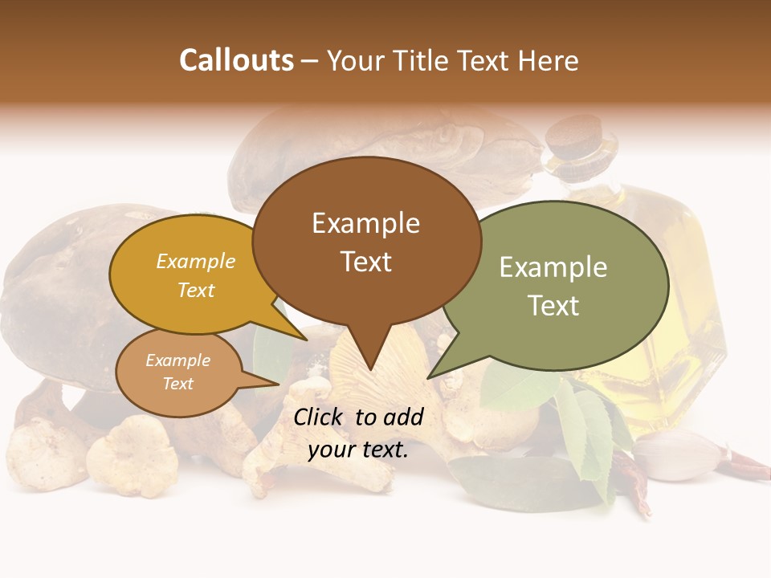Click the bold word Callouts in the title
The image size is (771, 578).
[237, 60]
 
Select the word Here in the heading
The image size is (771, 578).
[549, 60]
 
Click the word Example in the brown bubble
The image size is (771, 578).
[365, 223]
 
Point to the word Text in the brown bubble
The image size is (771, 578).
[365, 262]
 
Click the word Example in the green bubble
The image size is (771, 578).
[553, 267]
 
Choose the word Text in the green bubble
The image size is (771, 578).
[553, 306]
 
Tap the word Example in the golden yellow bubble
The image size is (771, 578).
[196, 262]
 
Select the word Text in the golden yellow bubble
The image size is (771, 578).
[196, 290]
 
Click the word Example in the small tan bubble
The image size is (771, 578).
[178, 360]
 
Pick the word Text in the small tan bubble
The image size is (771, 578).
[178, 384]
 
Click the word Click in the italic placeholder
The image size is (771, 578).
[320, 417]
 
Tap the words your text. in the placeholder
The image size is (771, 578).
[358, 450]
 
